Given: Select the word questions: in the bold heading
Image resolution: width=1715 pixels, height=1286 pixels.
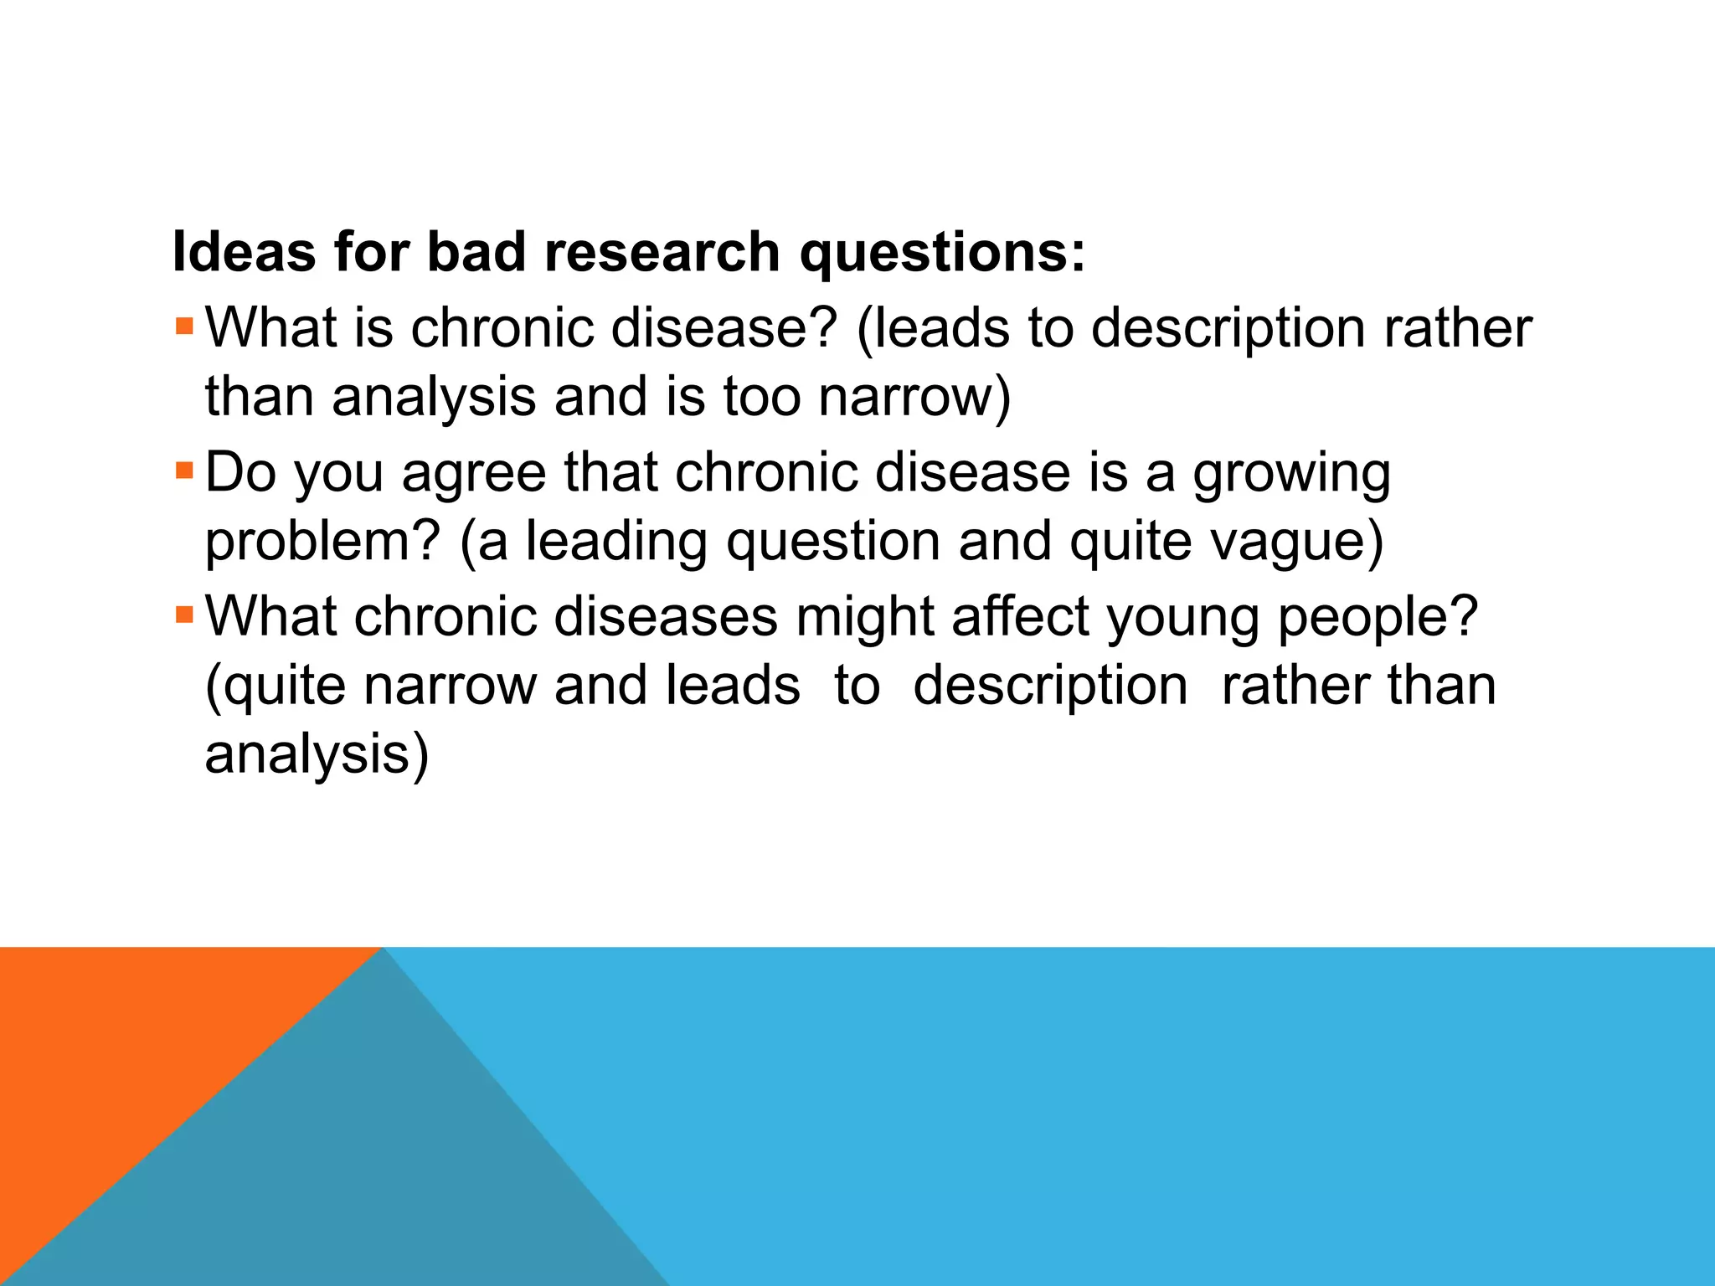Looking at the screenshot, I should click(942, 253).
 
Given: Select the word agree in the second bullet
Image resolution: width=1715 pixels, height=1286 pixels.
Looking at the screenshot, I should click(474, 474).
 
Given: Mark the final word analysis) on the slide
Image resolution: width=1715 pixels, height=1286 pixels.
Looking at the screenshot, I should click(317, 755).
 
